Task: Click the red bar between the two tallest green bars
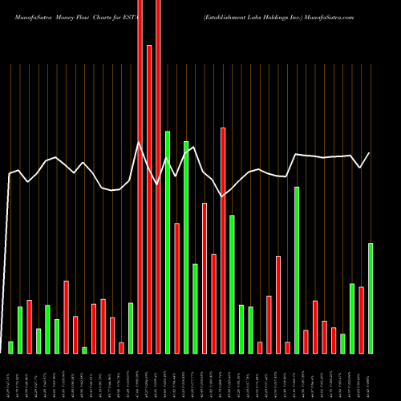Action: [176, 288]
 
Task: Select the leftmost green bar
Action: [11, 347]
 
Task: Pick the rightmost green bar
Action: [371, 298]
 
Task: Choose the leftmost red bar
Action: [30, 326]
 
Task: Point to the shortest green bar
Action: [84, 350]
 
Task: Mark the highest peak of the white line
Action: [140, 144]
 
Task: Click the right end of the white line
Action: [370, 153]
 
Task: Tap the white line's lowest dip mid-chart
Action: [222, 196]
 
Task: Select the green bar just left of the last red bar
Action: [352, 318]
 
